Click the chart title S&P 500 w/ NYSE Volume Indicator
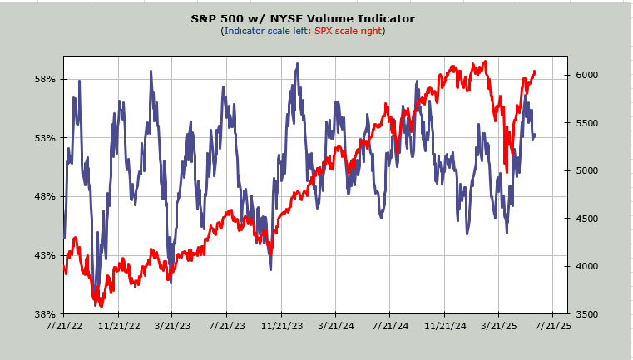[x=302, y=18]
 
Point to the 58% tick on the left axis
[x=45, y=79]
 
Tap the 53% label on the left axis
[x=45, y=138]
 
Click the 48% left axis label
[x=45, y=196]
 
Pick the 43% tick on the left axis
[x=45, y=255]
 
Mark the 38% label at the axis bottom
[x=45, y=313]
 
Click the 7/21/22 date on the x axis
[x=63, y=327]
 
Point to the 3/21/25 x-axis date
[x=498, y=327]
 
